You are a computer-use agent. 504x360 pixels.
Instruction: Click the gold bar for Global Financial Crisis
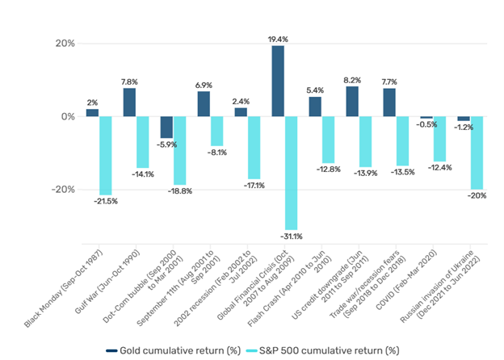point(278,81)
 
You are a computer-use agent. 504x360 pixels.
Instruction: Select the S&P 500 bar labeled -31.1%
point(291,173)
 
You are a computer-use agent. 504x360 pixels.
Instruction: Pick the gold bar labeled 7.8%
point(129,103)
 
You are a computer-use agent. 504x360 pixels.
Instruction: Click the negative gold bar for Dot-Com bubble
point(166,127)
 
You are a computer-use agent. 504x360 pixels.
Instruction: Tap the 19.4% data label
point(278,38)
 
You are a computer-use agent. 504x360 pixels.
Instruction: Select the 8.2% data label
point(352,80)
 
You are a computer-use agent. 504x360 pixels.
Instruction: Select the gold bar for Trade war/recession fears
point(389,103)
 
